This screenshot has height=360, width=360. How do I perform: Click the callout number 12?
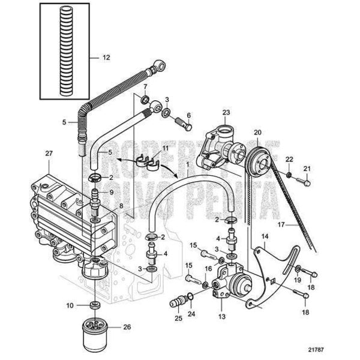click(x=106, y=58)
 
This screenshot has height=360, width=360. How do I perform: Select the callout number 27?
click(x=49, y=154)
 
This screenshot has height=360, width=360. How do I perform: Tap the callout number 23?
click(x=226, y=112)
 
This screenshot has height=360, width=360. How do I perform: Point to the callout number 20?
click(x=257, y=133)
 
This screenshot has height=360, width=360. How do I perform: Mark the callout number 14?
click(x=266, y=236)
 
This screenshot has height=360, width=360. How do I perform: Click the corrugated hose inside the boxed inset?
click(x=65, y=53)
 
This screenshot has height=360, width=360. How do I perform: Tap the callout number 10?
click(x=70, y=305)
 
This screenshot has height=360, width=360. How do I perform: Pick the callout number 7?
click(x=145, y=87)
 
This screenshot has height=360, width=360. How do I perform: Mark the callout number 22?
click(x=289, y=158)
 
